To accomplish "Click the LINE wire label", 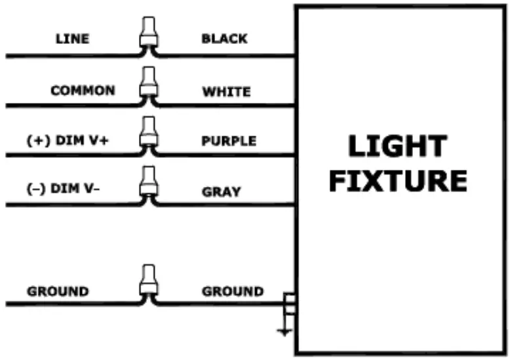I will tap(72, 39).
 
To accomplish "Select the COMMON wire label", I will tap(83, 90).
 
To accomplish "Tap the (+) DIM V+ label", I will tap(68, 140).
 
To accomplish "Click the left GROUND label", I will tap(58, 291).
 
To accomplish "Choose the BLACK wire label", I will tap(224, 39).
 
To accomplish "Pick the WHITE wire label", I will tap(226, 91).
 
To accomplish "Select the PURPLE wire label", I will tap(229, 141).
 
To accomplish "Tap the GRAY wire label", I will tap(221, 192).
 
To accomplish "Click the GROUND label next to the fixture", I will tap(233, 291).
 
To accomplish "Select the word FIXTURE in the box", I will tap(397, 180).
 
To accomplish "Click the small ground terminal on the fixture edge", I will tap(289, 304).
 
